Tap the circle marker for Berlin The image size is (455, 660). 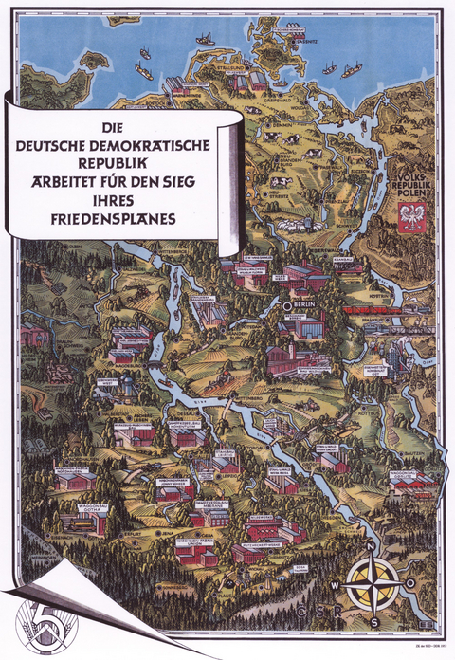[288, 306]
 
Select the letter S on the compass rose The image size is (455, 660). [373, 620]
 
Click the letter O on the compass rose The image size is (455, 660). [409, 583]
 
